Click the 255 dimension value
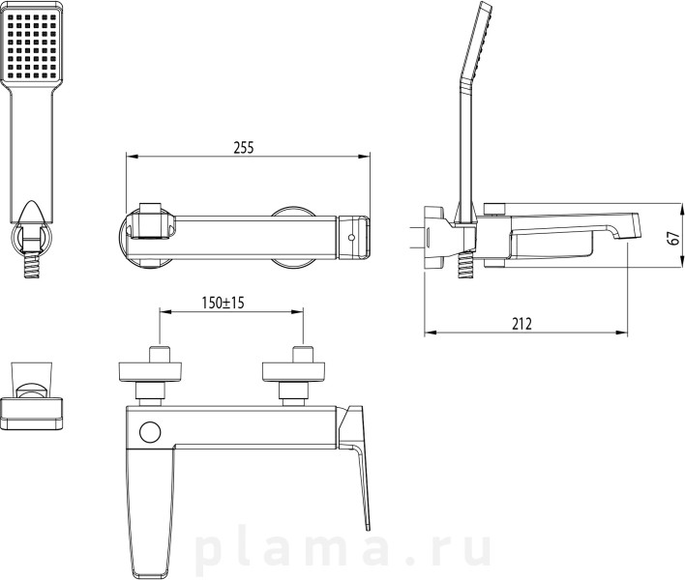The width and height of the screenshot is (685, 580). [244, 148]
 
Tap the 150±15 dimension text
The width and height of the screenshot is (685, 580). [223, 303]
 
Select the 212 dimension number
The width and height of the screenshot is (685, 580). [522, 324]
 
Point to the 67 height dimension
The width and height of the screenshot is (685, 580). [675, 238]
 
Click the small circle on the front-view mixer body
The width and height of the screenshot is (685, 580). [150, 432]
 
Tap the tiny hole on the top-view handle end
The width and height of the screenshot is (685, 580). [351, 238]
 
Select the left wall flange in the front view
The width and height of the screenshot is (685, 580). [150, 373]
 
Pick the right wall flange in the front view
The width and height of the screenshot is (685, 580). [293, 373]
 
